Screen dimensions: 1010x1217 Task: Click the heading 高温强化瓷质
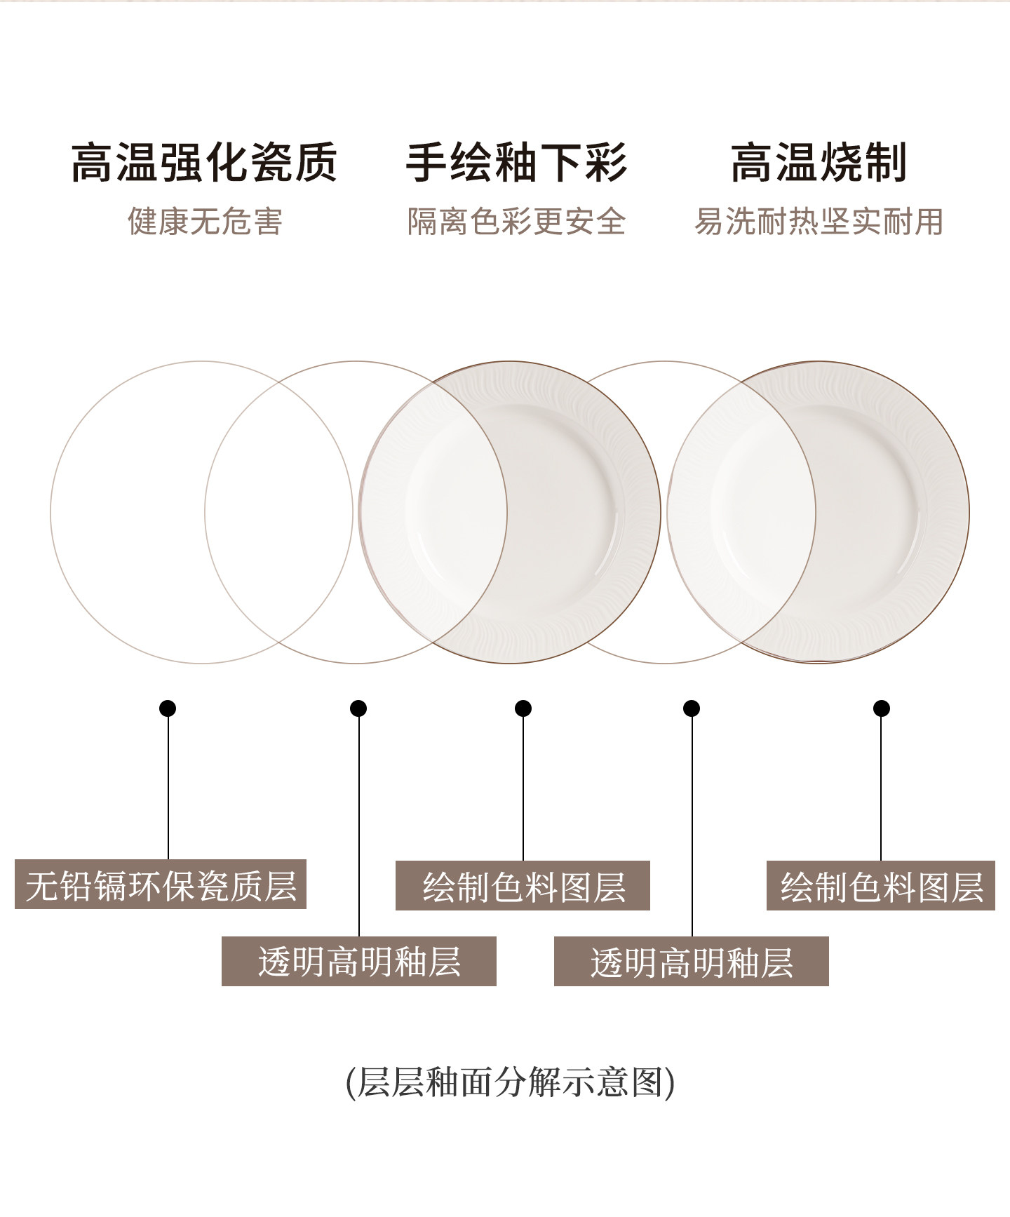click(204, 163)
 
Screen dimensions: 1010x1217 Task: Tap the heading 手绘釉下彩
click(516, 163)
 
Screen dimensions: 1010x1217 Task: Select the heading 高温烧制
click(819, 163)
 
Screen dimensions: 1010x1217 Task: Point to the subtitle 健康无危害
click(205, 222)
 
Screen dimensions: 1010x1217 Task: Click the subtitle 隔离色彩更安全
click(516, 222)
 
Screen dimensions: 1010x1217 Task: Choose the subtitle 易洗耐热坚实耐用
click(819, 222)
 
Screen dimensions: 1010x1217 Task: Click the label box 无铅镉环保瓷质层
click(161, 885)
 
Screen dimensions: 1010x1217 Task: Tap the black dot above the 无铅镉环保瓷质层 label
click(168, 708)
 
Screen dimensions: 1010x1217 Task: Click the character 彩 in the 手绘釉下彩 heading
click(606, 163)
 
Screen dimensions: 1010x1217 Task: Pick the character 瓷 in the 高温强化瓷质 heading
click(271, 163)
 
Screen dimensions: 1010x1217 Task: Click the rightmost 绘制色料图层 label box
click(881, 886)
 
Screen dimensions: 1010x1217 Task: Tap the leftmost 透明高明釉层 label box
click(359, 961)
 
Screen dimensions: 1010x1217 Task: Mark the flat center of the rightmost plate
click(819, 512)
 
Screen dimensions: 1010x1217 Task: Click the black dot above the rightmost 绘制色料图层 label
click(882, 708)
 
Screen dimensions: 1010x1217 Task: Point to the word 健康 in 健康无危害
click(158, 222)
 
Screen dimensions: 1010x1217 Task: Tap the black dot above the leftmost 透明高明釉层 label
click(358, 708)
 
